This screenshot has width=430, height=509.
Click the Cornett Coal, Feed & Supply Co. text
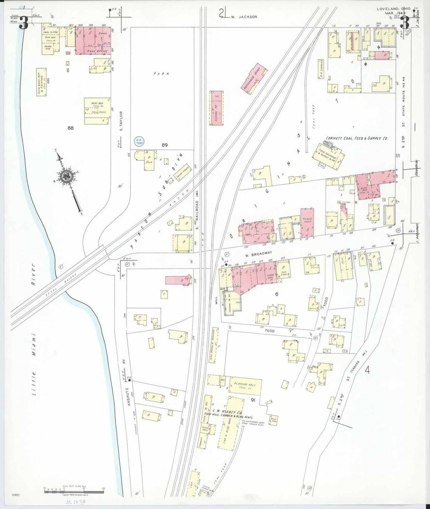356,138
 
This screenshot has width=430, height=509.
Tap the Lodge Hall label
270,275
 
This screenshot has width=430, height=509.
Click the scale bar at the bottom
74,489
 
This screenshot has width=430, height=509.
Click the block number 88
71,128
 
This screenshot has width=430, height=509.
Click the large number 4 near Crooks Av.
368,371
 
